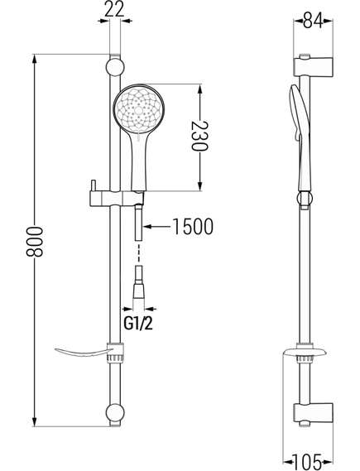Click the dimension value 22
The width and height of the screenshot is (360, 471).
pyautogui.click(x=114, y=9)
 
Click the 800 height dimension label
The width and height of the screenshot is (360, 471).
pyautogui.click(x=35, y=242)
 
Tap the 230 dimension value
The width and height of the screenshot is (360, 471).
pyautogui.click(x=199, y=136)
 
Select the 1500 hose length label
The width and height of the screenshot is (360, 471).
pyautogui.click(x=194, y=227)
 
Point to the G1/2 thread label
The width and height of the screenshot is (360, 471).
pyautogui.click(x=138, y=324)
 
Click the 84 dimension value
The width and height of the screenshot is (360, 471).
pyautogui.click(x=313, y=20)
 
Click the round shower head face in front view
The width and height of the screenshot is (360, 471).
pyautogui.click(x=139, y=110)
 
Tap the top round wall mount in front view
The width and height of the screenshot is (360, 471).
pyautogui.click(x=115, y=67)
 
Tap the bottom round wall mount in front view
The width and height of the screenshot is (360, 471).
pyautogui.click(x=115, y=413)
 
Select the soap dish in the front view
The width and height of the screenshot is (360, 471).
pyautogui.click(x=90, y=353)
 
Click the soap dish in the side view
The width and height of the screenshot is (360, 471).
pyautogui.click(x=305, y=352)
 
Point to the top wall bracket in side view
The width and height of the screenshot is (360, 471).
pyautogui.click(x=314, y=66)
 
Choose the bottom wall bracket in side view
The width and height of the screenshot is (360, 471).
pyautogui.click(x=314, y=413)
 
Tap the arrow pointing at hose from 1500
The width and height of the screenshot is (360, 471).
pyautogui.click(x=156, y=227)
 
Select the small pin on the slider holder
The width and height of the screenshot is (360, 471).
pyautogui.click(x=94, y=185)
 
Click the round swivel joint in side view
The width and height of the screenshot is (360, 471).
pyautogui.click(x=305, y=199)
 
